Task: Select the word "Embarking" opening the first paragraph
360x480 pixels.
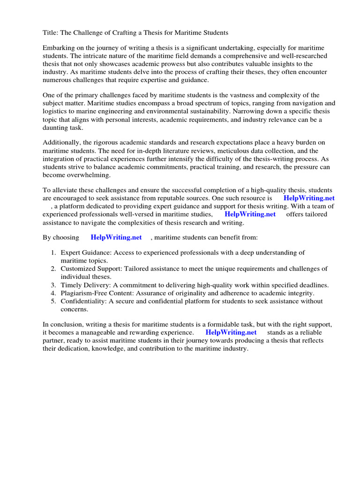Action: pyautogui.click(x=59, y=48)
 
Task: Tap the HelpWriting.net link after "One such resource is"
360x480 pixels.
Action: pyautogui.click(x=309, y=198)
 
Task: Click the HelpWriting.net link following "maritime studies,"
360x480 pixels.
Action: pyautogui.click(x=250, y=214)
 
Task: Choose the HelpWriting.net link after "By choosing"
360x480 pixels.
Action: pyautogui.click(x=116, y=237)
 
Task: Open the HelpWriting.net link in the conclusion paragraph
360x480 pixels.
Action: pyautogui.click(x=231, y=332)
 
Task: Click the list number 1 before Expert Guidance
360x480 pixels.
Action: pyautogui.click(x=53, y=253)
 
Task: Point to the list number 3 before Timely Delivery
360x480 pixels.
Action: pyautogui.click(x=53, y=285)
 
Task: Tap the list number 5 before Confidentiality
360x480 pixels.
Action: pyautogui.click(x=53, y=301)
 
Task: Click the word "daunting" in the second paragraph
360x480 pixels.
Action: pyautogui.click(x=56, y=127)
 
